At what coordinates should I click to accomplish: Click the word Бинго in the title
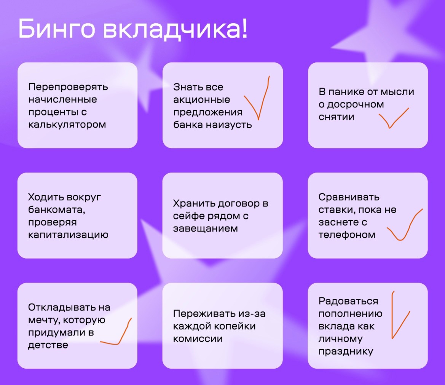(x=56, y=29)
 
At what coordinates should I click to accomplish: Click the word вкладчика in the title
(x=172, y=29)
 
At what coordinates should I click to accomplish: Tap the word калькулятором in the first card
(x=67, y=125)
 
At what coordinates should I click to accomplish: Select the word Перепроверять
(x=68, y=87)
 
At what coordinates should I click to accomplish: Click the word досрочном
(x=356, y=104)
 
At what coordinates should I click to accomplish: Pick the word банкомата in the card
(x=56, y=210)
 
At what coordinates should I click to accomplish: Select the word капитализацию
(x=68, y=235)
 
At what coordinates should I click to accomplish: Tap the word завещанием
(x=206, y=229)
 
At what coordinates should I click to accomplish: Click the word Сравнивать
(x=349, y=197)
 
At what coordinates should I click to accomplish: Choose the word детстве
(x=48, y=345)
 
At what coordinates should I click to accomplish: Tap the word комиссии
(x=198, y=339)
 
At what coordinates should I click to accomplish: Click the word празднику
(x=346, y=351)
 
